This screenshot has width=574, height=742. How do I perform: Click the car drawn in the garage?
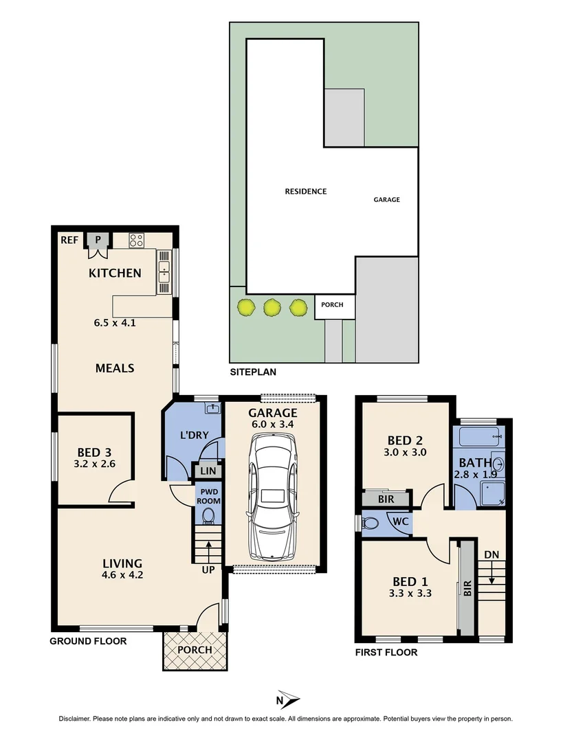(273, 499)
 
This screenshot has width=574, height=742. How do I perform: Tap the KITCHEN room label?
(115, 273)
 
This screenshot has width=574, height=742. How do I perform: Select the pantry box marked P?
(98, 240)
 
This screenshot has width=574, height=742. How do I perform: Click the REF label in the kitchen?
(69, 240)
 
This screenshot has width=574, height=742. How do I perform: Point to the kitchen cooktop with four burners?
(136, 240)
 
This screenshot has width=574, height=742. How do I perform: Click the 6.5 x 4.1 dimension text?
(115, 321)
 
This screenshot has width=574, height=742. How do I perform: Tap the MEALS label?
(114, 368)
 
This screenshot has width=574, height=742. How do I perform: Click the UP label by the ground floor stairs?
(208, 570)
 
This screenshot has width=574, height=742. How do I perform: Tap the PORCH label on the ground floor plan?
(195, 649)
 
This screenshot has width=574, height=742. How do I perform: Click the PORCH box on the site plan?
(332, 305)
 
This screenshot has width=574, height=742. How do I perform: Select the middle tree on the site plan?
(272, 307)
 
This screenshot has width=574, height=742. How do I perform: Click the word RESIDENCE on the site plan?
(306, 191)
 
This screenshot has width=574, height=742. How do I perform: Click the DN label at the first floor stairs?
(492, 554)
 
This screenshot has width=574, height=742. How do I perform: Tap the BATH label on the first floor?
(475, 462)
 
